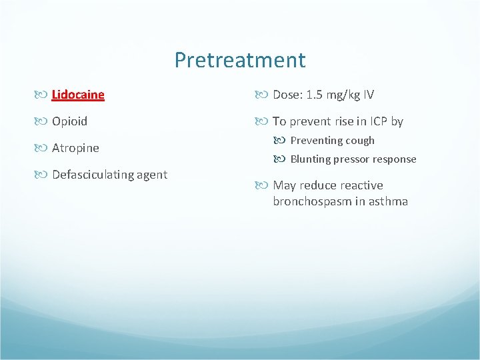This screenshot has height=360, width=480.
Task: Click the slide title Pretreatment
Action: click(x=240, y=60)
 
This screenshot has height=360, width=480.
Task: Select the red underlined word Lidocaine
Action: click(x=78, y=95)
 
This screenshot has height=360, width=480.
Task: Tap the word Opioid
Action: click(x=69, y=121)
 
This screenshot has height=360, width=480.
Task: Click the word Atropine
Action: click(x=75, y=148)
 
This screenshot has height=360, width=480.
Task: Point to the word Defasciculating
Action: click(x=91, y=175)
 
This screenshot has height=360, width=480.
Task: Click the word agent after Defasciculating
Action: click(x=151, y=175)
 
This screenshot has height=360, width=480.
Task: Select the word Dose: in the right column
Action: click(x=287, y=95)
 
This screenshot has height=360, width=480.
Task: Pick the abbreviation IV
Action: click(x=369, y=95)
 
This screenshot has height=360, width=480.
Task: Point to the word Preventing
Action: click(x=316, y=141)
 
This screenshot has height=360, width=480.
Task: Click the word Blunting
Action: click(x=311, y=159)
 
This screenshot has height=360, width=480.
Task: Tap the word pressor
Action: click(x=351, y=159)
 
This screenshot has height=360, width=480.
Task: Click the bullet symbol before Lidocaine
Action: click(x=43, y=95)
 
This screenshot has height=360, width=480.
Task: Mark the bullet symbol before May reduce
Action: click(x=265, y=185)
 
